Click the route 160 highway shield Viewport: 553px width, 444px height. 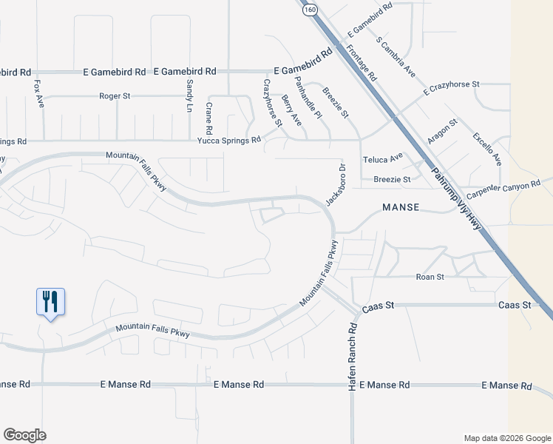point(309,10)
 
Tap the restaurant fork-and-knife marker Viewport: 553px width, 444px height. point(50,302)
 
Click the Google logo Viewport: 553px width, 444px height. point(24,435)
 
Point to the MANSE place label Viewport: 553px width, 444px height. point(401,208)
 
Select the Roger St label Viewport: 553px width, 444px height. point(115,96)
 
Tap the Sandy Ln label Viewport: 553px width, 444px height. point(189,92)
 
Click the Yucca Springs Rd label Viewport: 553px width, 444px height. point(228,140)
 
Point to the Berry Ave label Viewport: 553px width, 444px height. point(292,110)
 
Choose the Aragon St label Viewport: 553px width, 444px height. point(444,130)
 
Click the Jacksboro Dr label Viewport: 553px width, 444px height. point(335,185)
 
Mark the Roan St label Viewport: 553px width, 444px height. point(430,277)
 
